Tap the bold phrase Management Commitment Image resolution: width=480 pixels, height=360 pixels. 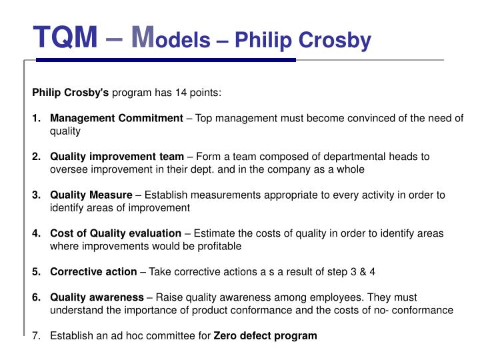pos(117,118)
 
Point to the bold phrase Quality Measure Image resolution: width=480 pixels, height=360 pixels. pos(91,195)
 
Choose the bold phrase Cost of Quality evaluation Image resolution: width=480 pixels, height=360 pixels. pos(115,233)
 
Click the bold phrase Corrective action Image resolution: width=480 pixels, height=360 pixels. pos(93,271)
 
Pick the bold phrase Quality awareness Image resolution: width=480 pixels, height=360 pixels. pos(97,297)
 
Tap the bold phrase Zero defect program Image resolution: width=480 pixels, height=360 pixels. pos(265,335)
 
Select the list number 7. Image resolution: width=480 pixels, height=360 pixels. pos(36,335)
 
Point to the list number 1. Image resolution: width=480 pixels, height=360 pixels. pos(36,118)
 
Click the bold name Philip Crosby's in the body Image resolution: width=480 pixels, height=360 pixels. pos(71,93)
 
